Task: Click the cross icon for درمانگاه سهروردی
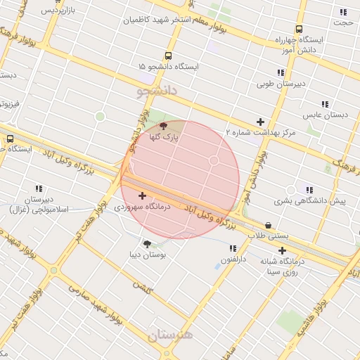point(143,195)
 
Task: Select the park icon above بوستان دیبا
point(147,244)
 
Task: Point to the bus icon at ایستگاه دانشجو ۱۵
point(167,55)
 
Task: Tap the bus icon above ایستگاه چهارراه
point(300,30)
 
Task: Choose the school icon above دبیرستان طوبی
point(281,72)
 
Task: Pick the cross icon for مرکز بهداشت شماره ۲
point(261,122)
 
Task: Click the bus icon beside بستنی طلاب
point(267,226)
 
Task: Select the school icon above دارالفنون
point(233,248)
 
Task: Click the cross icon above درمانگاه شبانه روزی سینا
point(282,250)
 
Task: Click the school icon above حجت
point(343,12)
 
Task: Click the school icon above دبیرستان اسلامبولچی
point(38,188)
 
